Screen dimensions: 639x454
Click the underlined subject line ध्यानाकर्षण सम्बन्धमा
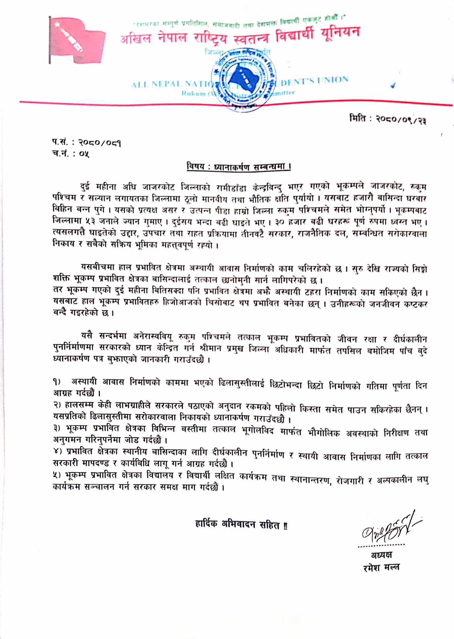(x=239, y=167)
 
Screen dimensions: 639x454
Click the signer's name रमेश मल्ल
(x=381, y=567)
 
